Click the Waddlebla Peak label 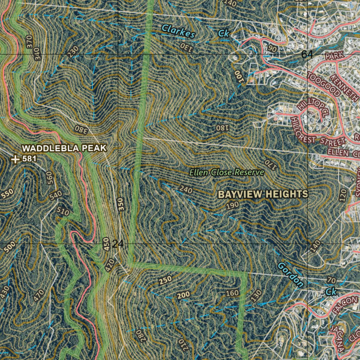[x=64, y=148]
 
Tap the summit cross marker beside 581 [x=15, y=159]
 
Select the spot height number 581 [x=29, y=159]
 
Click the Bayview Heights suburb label [x=263, y=194]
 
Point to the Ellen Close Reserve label [x=227, y=172]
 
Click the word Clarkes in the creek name [x=178, y=31]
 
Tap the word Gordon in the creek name [x=290, y=274]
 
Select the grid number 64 [x=307, y=54]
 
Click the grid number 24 [x=118, y=244]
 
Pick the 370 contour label [x=30, y=42]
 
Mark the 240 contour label [x=186, y=190]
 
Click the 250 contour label [x=165, y=280]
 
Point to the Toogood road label [x=324, y=85]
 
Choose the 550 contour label [x=8, y=194]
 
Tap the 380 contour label [x=81, y=129]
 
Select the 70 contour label [x=331, y=280]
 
